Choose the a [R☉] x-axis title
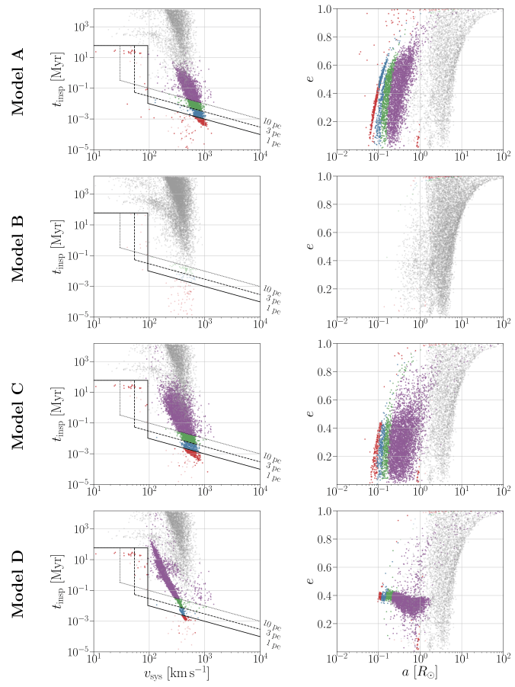click(x=420, y=675)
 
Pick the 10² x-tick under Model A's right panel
click(x=502, y=158)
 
